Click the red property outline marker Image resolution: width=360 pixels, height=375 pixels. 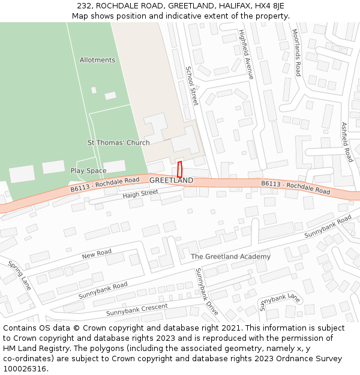[179, 169]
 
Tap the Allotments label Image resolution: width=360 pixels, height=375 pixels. [97, 60]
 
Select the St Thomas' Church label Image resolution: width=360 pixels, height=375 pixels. [119, 143]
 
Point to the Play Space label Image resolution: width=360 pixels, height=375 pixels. [88, 171]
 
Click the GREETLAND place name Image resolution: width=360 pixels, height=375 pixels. [171, 180]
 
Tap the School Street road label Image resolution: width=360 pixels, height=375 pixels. [191, 86]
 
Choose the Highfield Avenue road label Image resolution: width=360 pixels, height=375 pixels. [247, 54]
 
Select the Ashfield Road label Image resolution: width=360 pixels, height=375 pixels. [347, 142]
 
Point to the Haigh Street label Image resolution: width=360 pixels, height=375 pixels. [140, 194]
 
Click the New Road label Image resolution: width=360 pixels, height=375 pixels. [97, 254]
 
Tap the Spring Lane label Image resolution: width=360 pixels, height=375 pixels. [19, 275]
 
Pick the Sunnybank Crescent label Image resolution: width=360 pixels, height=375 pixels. [137, 310]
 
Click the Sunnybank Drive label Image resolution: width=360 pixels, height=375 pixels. [207, 292]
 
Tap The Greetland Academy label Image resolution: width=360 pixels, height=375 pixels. [230, 256]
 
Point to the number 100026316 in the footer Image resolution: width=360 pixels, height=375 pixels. [26, 369]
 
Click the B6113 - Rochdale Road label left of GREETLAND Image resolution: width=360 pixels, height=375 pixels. [104, 184]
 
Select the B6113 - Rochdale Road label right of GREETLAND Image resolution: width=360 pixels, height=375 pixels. [295, 187]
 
